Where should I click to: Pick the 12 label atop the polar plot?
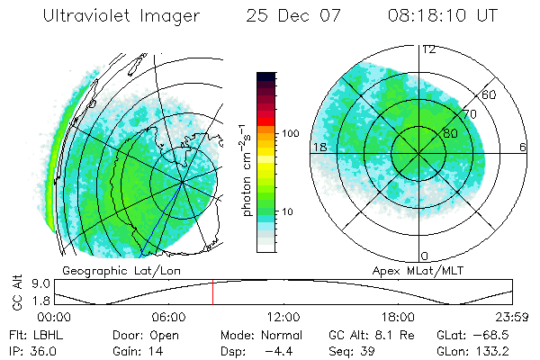point(428,49)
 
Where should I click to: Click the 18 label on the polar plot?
point(319,147)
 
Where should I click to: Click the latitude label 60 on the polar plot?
point(490,94)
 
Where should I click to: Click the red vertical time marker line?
point(212,292)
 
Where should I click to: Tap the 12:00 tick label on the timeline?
point(283,317)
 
